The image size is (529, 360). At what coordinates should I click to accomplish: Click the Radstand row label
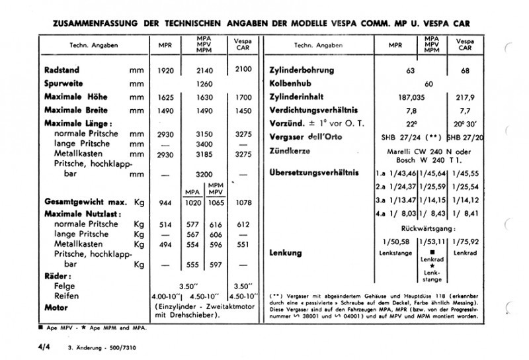(63, 70)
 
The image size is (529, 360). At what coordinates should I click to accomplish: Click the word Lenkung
(286, 253)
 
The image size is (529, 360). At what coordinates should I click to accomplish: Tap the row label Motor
(58, 308)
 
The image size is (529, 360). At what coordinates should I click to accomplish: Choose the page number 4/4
(44, 347)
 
